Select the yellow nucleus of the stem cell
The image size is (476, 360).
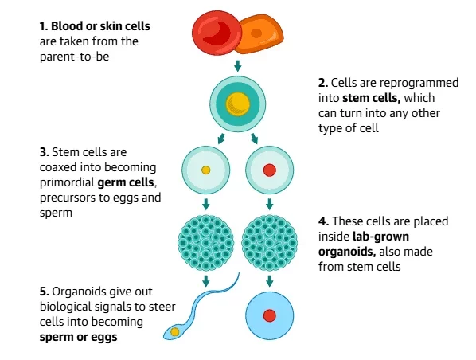237,103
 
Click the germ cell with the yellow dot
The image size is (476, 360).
205,170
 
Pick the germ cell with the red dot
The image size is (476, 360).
269,170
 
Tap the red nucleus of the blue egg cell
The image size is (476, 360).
269,315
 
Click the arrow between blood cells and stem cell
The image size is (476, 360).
237,65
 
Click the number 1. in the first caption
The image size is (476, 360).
43,26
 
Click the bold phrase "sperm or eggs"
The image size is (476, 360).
76,337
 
